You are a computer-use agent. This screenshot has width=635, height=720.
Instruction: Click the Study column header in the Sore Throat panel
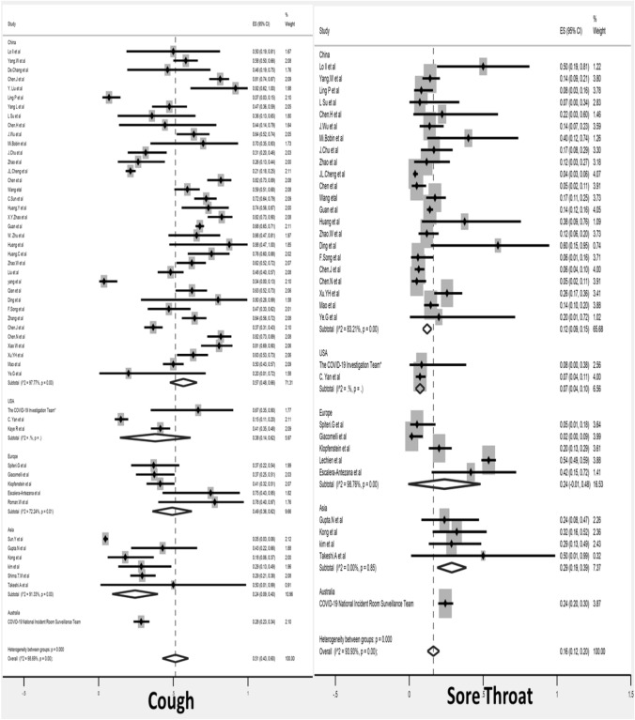click(x=332, y=31)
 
